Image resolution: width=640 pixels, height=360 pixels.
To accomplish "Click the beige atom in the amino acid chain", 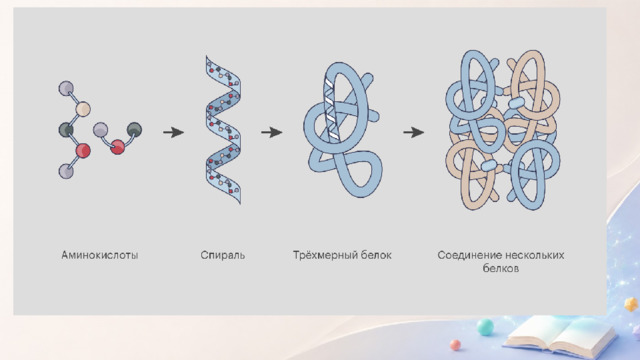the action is [x=83, y=109].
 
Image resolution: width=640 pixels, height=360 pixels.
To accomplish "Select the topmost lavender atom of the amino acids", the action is [x=66, y=89].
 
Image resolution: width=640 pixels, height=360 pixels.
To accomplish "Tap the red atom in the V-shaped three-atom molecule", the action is [x=118, y=147].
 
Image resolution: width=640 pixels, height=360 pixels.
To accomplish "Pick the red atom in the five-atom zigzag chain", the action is [x=83, y=151].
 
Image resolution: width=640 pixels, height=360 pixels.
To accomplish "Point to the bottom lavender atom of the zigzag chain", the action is [x=66, y=171].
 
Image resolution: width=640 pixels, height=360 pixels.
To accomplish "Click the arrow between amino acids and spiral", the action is [x=173, y=132].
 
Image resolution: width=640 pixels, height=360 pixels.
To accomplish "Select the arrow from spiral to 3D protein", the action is [x=271, y=132].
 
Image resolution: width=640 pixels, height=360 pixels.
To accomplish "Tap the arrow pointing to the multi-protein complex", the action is [x=413, y=132].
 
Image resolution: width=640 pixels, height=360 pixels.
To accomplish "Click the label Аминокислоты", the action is [x=100, y=255].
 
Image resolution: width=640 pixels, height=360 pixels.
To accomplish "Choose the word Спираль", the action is [x=223, y=255].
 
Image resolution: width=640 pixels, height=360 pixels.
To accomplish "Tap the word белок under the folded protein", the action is [x=376, y=255].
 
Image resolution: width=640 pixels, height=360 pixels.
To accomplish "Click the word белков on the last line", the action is [x=501, y=269].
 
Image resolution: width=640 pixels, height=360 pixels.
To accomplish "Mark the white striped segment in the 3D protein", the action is [x=331, y=109].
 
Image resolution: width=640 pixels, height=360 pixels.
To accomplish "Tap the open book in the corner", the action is [x=559, y=336].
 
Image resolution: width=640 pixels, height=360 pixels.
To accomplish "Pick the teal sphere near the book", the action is [x=485, y=327].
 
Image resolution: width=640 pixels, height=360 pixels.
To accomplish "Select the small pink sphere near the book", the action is [x=455, y=345].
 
